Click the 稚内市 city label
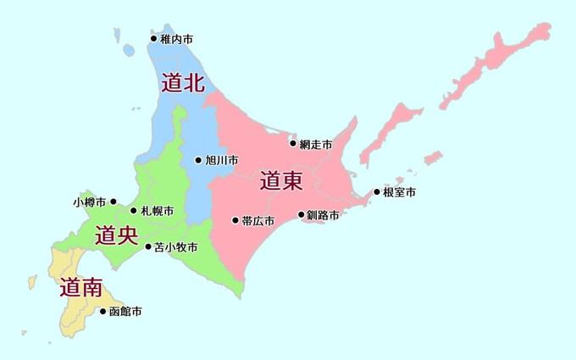176,38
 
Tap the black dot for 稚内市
154,38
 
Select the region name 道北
183,83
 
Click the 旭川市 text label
221,160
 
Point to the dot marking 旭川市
198,160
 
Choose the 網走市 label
315,144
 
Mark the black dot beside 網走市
293,143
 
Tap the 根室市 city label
399,192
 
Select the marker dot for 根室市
377,192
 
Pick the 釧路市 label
323,215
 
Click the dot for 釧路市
301,215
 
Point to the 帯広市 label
258,221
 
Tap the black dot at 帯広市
235,221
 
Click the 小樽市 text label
89,202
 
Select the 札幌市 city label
158,210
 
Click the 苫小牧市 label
176,247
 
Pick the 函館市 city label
125,312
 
